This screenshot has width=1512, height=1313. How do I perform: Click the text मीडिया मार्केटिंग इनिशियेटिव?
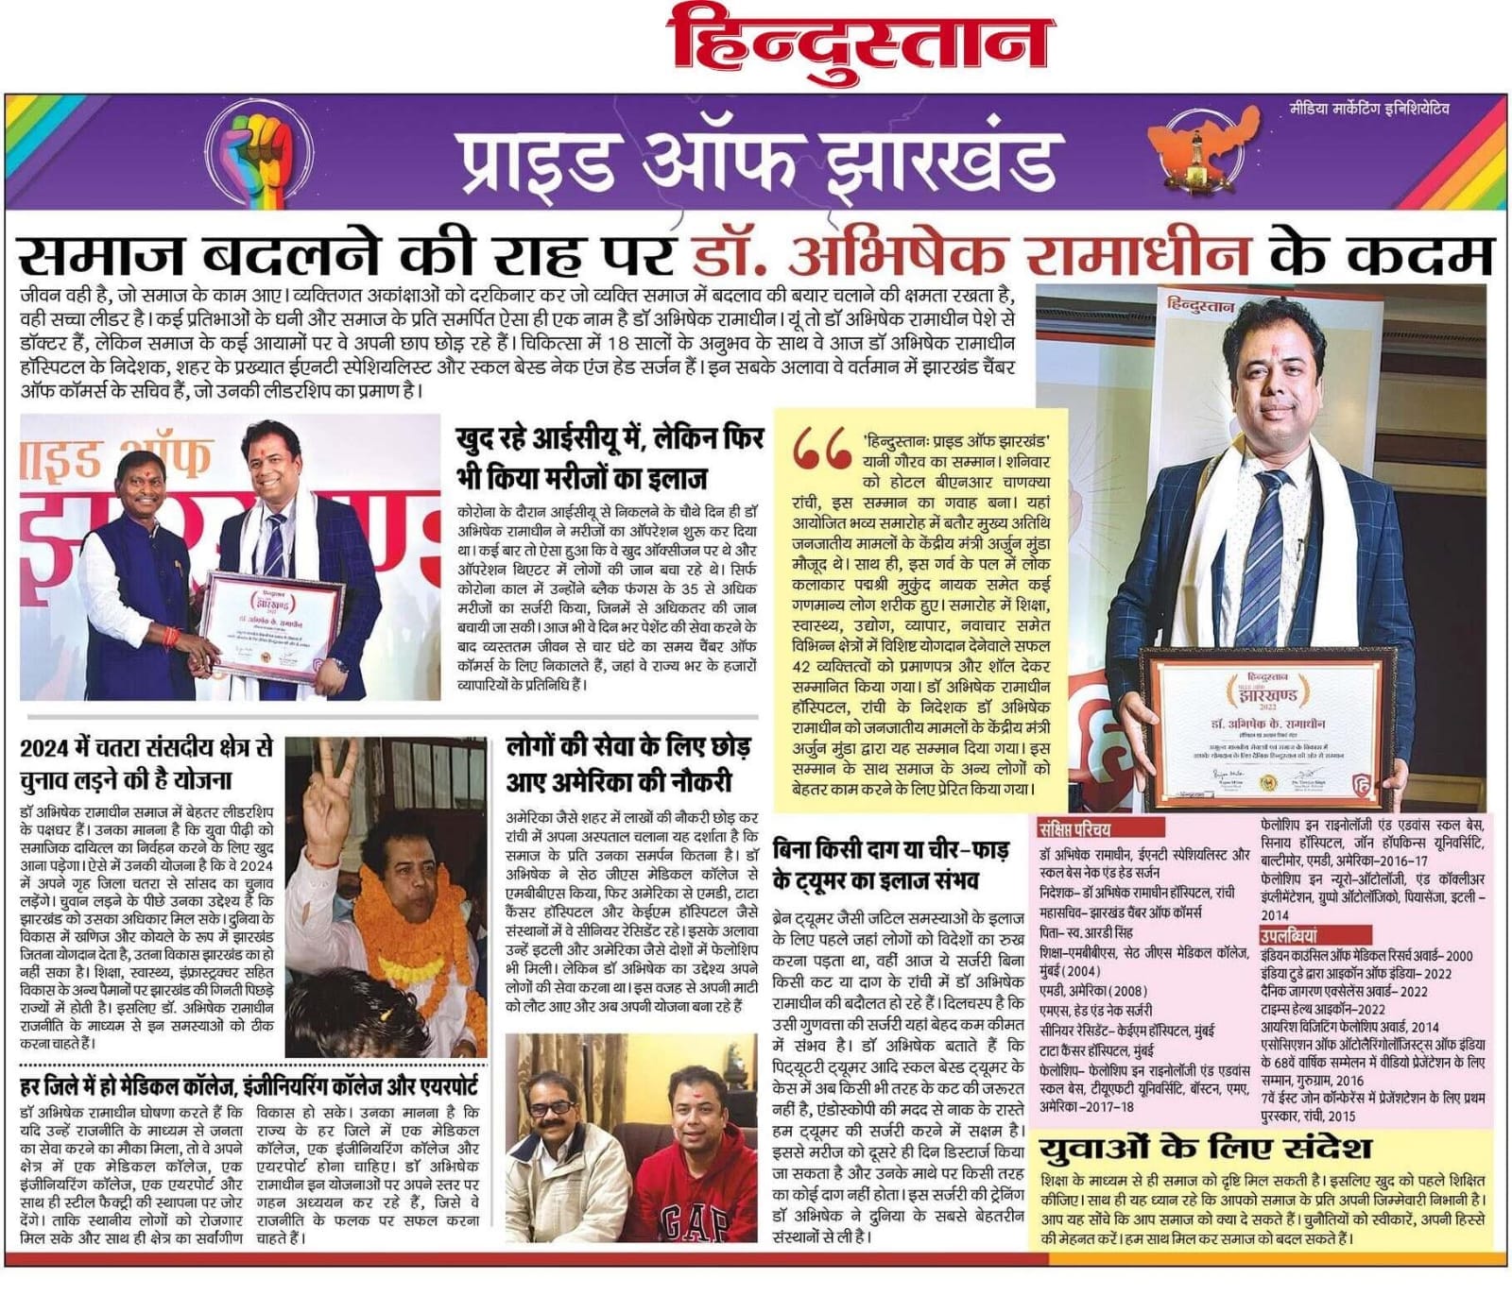tap(1369, 109)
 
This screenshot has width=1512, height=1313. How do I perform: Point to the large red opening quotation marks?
tap(822, 451)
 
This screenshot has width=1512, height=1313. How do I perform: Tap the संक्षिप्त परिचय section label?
tap(1074, 830)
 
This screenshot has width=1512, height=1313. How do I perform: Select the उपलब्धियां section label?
tap(1288, 936)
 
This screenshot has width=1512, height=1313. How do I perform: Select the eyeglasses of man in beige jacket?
tap(553, 1108)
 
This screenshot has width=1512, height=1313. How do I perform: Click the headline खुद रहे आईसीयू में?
tap(610, 458)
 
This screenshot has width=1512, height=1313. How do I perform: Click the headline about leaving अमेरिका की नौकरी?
tap(628, 764)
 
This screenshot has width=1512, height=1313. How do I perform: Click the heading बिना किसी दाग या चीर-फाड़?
tap(890, 864)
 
